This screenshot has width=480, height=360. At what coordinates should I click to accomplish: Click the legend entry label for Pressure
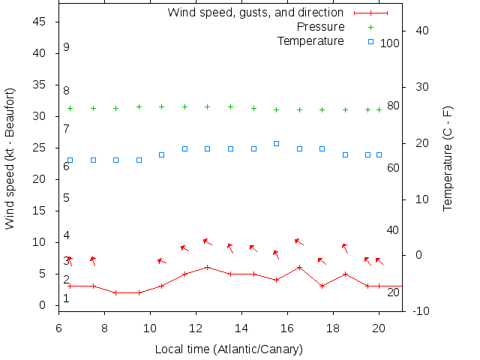[321, 27]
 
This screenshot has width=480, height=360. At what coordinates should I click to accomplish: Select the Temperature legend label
[310, 40]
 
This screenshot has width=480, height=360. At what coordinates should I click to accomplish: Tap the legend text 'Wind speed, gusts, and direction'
[256, 13]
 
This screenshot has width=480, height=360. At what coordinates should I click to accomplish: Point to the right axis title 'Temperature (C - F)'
[448, 159]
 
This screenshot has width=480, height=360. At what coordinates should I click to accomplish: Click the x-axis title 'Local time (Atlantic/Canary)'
[229, 349]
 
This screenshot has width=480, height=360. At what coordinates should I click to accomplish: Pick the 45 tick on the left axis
[41, 22]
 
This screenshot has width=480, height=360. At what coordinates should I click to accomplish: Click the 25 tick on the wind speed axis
[41, 148]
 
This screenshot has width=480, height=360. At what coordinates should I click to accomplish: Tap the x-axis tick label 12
[196, 327]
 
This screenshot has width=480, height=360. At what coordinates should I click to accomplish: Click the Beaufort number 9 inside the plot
[67, 47]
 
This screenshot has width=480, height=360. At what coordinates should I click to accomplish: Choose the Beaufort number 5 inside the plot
[67, 198]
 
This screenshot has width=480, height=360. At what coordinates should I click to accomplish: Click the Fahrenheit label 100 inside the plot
[390, 43]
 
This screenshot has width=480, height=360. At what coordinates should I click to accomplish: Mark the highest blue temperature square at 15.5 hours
[276, 143]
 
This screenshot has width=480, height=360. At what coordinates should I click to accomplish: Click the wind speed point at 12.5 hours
[207, 267]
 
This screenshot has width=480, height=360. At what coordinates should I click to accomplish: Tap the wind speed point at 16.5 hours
[299, 267]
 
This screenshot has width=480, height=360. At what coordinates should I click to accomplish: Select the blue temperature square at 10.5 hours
[161, 154]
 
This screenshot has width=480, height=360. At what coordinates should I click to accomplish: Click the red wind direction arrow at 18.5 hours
[345, 248]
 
